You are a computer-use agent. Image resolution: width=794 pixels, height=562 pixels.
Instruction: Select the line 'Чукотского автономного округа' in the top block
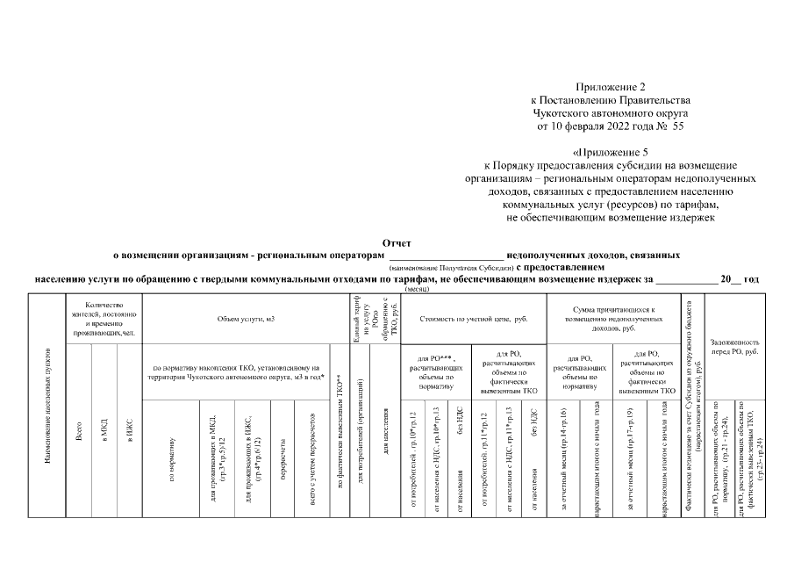pyautogui.click(x=611, y=113)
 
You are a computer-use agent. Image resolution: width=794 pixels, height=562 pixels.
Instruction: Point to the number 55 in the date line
pyautogui.click(x=677, y=126)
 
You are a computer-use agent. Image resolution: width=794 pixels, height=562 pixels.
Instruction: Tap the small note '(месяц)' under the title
pyautogui.click(x=416, y=287)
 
